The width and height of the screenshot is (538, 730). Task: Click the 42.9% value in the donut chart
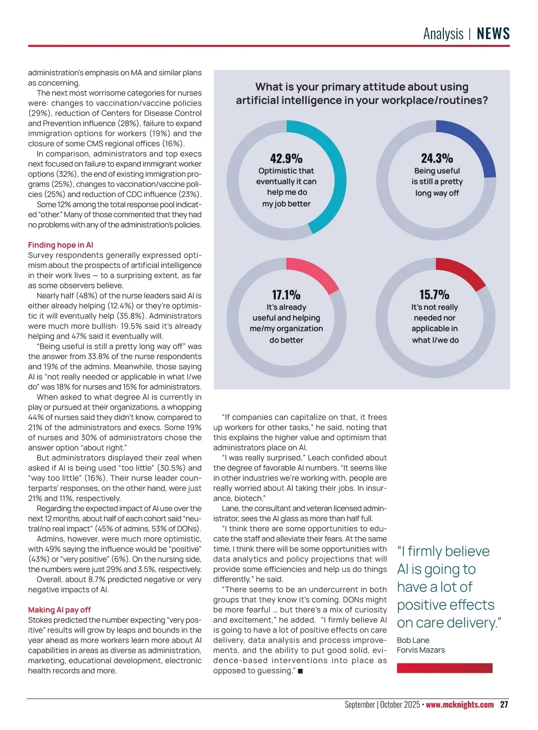[x=286, y=158]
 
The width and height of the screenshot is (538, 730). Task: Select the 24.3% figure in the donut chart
[x=437, y=158]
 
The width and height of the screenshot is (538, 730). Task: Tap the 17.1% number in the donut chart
[x=286, y=295]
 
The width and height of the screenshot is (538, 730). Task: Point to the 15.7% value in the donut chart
[x=434, y=295]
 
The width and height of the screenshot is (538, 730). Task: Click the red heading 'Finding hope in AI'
[x=61, y=245]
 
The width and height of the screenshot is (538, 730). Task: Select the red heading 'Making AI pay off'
[x=59, y=610]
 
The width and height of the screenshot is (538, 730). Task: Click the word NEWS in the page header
[x=493, y=34]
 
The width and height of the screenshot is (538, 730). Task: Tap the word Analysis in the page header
[x=443, y=34]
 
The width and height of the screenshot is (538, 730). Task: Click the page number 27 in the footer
[x=504, y=704]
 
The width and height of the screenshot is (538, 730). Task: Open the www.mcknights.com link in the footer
[x=460, y=704]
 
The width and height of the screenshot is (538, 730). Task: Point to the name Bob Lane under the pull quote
[x=413, y=640]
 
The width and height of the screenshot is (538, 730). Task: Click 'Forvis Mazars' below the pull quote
[x=421, y=650]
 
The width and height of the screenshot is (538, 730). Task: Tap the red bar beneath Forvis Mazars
[x=444, y=668]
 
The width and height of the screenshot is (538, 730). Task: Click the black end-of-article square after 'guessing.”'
[x=300, y=671]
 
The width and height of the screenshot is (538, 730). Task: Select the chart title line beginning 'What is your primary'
[x=361, y=87]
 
